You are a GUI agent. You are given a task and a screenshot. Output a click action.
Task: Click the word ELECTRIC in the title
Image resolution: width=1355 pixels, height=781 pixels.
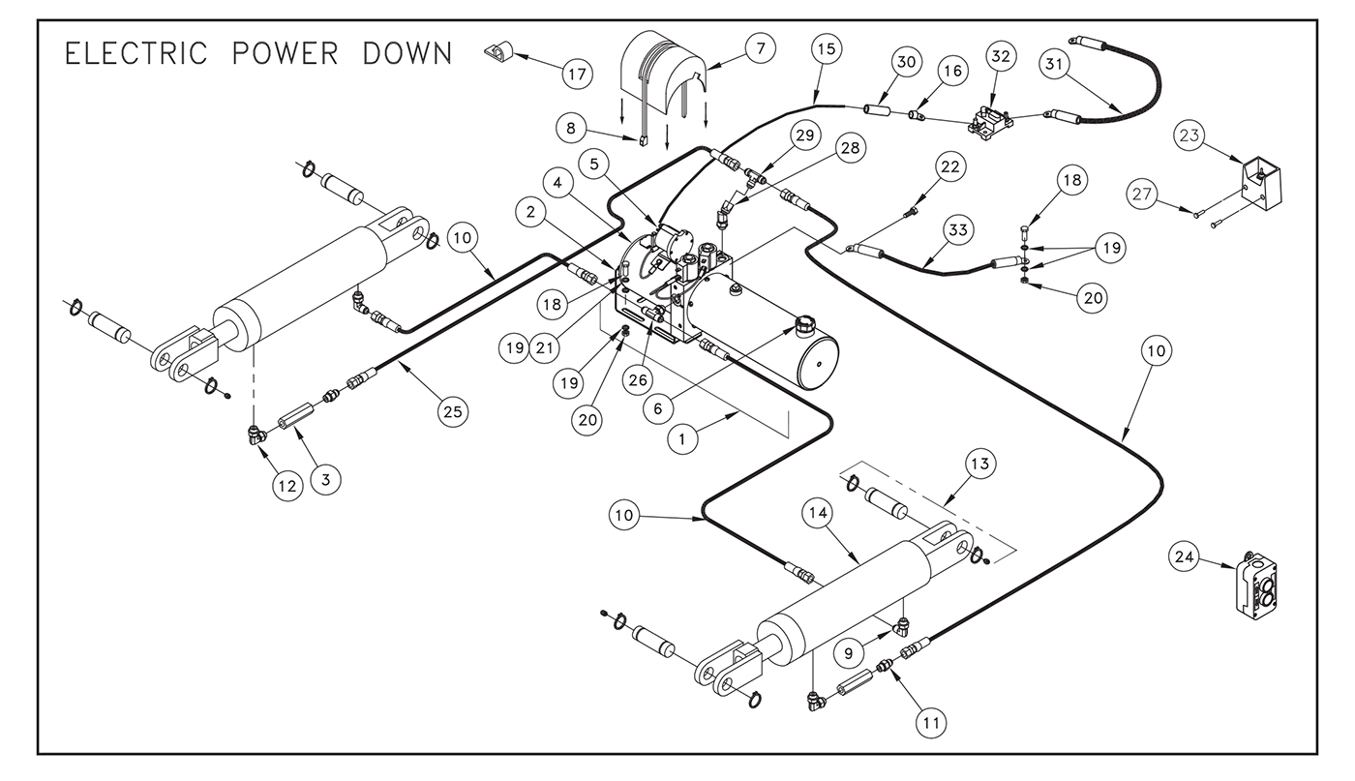click(x=136, y=53)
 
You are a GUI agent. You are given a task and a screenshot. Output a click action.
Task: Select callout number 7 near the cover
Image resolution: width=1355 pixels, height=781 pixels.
click(x=760, y=48)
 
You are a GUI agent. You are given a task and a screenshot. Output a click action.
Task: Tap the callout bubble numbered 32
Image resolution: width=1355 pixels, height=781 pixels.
click(x=1000, y=56)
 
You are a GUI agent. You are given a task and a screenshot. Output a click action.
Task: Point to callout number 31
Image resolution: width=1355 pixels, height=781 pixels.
click(x=1057, y=64)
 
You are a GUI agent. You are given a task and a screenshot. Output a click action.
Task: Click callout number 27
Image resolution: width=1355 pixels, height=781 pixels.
click(x=1143, y=195)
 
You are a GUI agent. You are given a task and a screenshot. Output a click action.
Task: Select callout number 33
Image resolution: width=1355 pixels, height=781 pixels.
click(x=957, y=230)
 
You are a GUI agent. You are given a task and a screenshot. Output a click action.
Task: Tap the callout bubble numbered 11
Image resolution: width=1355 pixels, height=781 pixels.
click(x=931, y=721)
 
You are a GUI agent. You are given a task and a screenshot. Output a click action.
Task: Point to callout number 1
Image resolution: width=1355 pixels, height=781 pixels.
click(x=683, y=439)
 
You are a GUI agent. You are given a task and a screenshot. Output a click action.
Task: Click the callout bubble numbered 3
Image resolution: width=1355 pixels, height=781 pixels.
click(x=326, y=479)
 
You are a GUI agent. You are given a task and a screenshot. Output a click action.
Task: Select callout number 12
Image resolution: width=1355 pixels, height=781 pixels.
click(x=286, y=486)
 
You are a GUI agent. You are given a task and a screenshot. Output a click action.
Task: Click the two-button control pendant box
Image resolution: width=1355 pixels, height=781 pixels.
click(x=1257, y=585)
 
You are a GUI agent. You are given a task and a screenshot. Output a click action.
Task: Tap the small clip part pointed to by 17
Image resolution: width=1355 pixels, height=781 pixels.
click(x=498, y=48)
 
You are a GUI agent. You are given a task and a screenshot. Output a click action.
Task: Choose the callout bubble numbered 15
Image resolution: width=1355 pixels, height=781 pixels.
click(x=826, y=48)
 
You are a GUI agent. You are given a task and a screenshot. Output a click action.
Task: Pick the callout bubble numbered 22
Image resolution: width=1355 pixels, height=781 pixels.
click(x=950, y=166)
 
